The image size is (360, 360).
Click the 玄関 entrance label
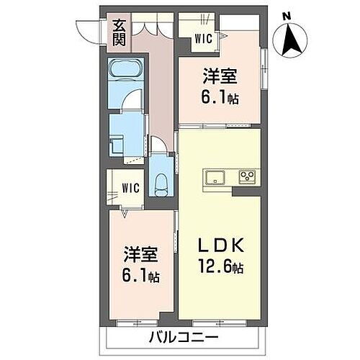118,32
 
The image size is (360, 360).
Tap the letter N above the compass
287,15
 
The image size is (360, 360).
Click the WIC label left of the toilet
130,189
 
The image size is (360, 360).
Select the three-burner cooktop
248,177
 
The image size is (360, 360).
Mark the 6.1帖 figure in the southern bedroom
140,276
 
